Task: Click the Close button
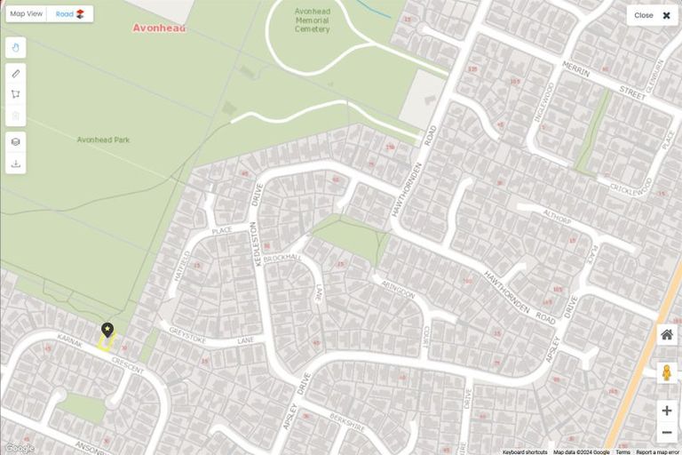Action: tap(653, 15)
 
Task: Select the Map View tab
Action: tap(27, 14)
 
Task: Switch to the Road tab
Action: tap(70, 14)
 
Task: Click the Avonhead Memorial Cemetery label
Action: tap(312, 20)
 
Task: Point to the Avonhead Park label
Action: tap(103, 140)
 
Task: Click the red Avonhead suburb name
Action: tap(160, 28)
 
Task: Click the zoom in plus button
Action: tap(667, 411)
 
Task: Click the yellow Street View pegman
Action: tap(667, 372)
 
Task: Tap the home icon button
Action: tap(667, 335)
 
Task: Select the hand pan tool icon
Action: tap(16, 47)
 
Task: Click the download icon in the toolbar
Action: tap(16, 164)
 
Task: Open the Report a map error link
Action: tap(657, 451)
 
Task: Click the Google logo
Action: tap(20, 448)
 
